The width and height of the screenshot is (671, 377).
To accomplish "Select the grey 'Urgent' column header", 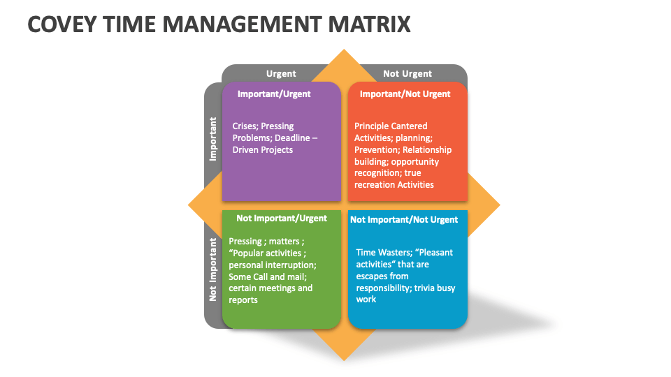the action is click(281, 73).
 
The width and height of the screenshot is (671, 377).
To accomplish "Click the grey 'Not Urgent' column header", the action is click(407, 73).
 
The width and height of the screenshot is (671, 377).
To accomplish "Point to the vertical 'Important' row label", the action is click(212, 139).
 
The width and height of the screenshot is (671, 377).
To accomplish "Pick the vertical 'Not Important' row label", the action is click(212, 269).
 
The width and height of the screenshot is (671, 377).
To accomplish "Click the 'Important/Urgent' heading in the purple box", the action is click(274, 94).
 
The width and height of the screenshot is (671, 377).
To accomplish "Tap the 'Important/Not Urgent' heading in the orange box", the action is click(405, 94).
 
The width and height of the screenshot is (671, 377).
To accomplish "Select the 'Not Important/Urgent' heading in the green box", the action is click(282, 219).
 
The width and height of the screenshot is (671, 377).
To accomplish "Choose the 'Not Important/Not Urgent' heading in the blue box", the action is click(404, 220).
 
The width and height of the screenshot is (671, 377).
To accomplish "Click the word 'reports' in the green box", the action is click(243, 300).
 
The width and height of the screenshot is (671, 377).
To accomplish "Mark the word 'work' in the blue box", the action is click(366, 300).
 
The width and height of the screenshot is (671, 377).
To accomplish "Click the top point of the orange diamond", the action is click(344, 50).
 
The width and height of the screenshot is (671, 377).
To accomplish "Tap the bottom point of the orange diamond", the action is click(344, 360).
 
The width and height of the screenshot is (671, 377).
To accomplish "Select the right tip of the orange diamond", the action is click(499, 205).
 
